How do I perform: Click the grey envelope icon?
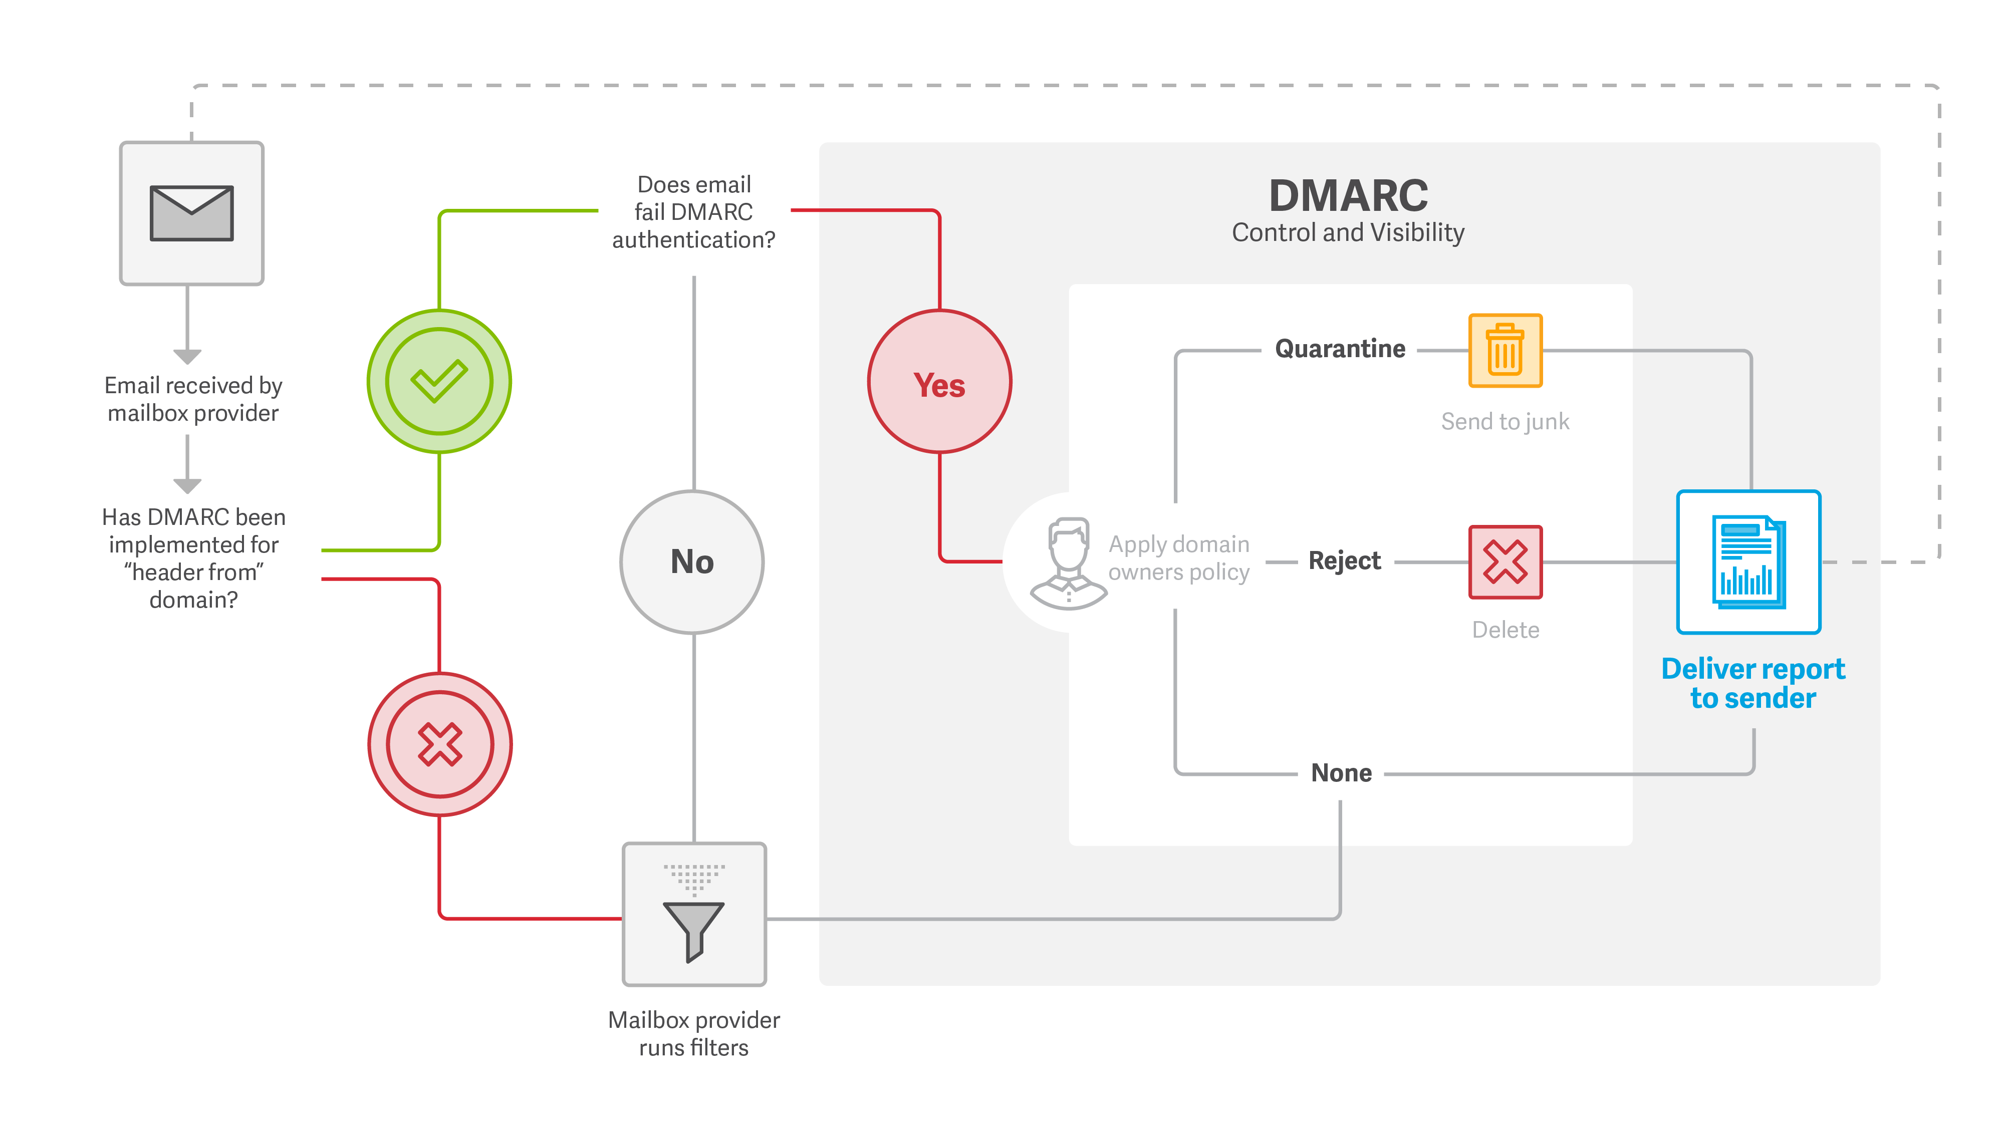(191, 213)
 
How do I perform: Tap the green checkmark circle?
(439, 381)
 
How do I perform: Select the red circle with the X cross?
(439, 744)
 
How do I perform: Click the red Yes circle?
(940, 382)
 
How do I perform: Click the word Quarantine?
(1340, 349)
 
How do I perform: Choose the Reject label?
(1344, 561)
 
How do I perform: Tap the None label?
(1341, 772)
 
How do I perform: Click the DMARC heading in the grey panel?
(1348, 195)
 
